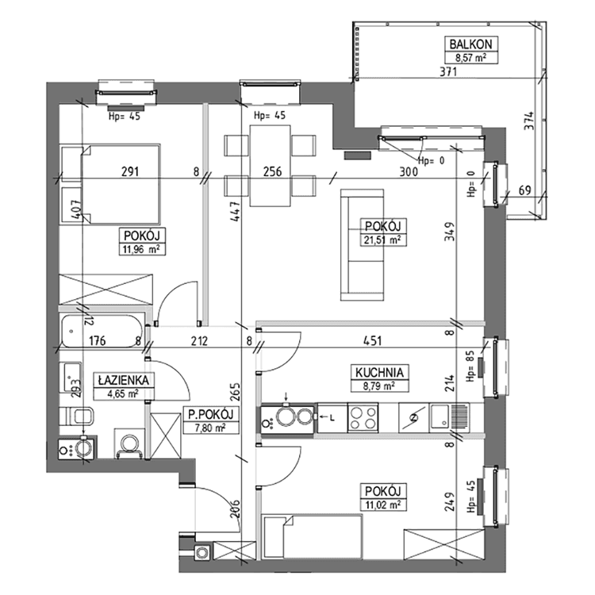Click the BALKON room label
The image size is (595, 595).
pos(470,44)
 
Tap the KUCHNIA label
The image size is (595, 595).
pos(379,372)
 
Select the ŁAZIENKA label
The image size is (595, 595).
pos(123,380)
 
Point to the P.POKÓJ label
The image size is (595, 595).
pos(210,414)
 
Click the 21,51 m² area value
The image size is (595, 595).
pos(383,240)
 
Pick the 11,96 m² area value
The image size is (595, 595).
pos(141,249)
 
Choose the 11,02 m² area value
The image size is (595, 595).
pos(383,505)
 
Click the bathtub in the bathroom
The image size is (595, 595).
pos(102,331)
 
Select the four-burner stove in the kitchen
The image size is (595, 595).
pos(363,418)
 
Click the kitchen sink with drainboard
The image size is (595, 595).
pos(449,418)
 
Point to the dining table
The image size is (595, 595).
pos(271,166)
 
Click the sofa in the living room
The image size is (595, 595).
pos(362,245)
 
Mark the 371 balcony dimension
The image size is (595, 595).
pos(448,71)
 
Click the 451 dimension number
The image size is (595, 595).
pos(372,341)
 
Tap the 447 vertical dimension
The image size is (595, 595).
pos(235,211)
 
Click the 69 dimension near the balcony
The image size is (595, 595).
pos(525,190)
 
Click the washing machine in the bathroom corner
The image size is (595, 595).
pos(78,447)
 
